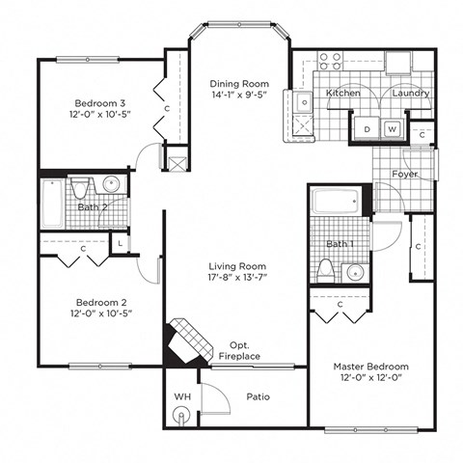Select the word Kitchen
click(x=342, y=93)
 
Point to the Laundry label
click(x=411, y=93)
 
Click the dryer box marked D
click(x=368, y=128)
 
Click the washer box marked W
click(x=393, y=128)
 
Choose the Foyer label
click(x=404, y=175)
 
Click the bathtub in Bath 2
click(x=52, y=204)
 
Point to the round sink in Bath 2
click(x=111, y=186)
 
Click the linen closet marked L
click(x=120, y=244)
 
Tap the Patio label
click(x=257, y=396)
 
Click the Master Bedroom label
click(x=370, y=367)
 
